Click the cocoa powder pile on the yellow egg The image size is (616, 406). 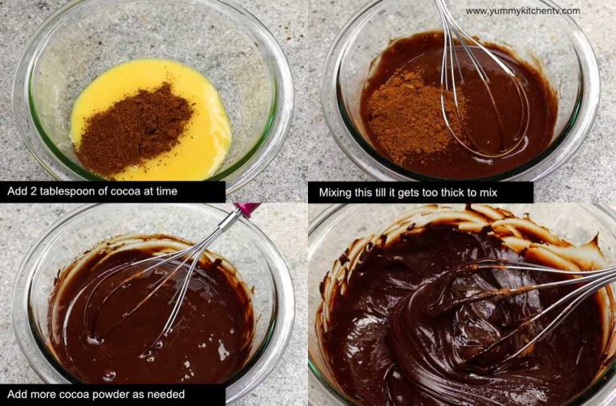pyautogui.click(x=134, y=128)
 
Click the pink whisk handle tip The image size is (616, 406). pyautogui.click(x=248, y=209)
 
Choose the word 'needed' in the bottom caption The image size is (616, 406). pyautogui.click(x=167, y=395)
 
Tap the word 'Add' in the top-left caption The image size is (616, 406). pyautogui.click(x=18, y=192)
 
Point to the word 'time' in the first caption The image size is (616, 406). pyautogui.click(x=164, y=192)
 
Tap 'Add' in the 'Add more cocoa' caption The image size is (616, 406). pyautogui.click(x=18, y=395)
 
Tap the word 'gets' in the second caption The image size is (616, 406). pyautogui.click(x=411, y=193)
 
